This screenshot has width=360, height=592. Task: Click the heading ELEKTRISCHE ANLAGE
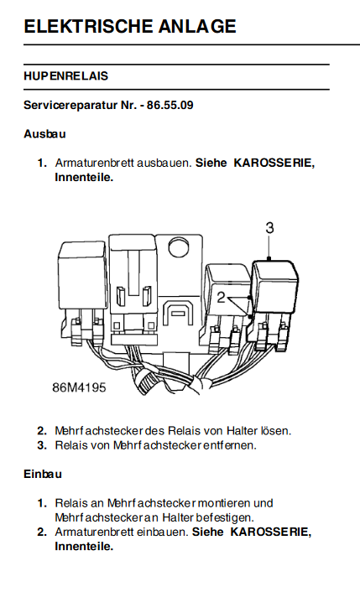tap(130, 26)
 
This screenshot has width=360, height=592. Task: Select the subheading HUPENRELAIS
tap(66, 76)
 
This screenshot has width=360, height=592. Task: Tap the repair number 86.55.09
tap(170, 105)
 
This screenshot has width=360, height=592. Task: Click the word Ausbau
tap(44, 133)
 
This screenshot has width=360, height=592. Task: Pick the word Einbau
tap(43, 474)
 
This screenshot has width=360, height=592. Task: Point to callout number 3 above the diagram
tap(269, 228)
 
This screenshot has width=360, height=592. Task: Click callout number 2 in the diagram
tap(221, 298)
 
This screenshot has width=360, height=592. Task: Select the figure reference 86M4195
tap(79, 387)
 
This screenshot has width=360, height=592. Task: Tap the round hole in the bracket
tap(180, 248)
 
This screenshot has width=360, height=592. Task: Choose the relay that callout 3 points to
tap(275, 287)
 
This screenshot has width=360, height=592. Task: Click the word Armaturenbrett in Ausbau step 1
tap(95, 163)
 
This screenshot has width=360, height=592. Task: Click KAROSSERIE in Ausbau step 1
tap(274, 163)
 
